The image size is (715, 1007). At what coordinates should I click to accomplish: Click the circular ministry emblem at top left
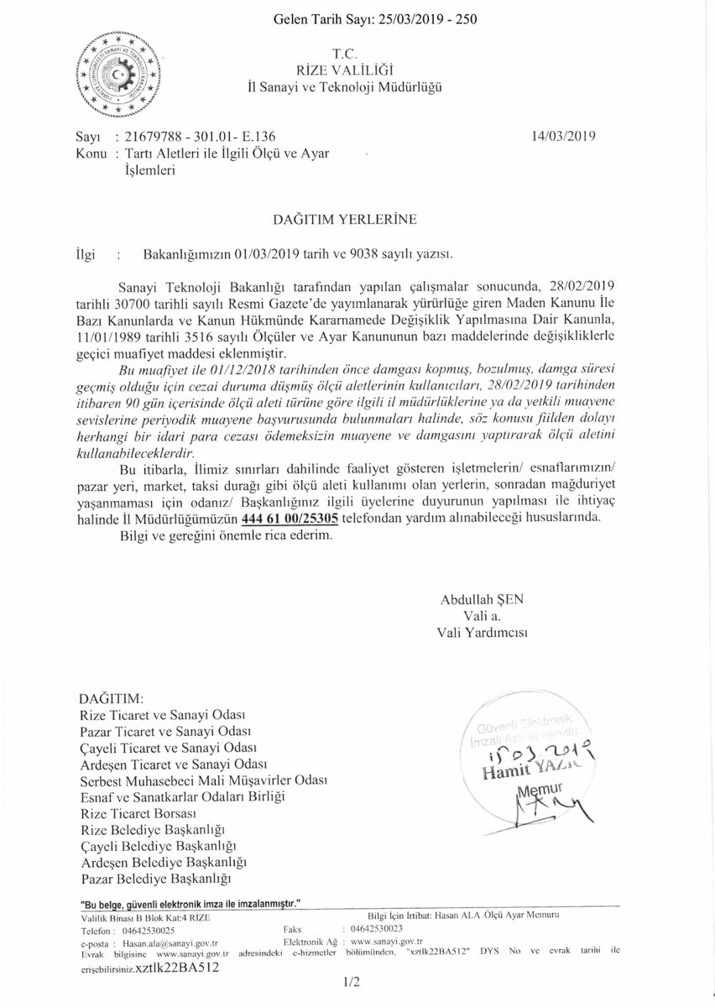[x=118, y=75]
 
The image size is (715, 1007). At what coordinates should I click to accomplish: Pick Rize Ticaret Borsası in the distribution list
[x=138, y=814]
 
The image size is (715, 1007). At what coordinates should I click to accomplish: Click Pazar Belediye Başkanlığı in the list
[x=155, y=879]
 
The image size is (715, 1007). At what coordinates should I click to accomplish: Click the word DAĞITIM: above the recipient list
[x=110, y=698]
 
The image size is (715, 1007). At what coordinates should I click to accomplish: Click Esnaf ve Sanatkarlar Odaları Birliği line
[x=182, y=796]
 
